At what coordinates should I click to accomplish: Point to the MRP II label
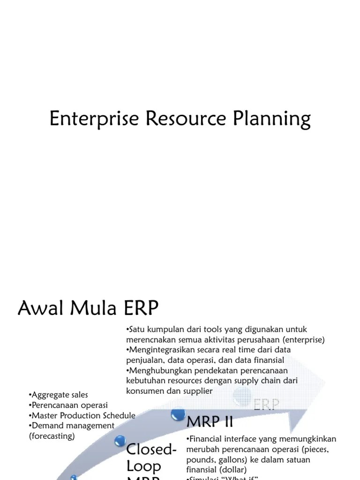tap(210, 422)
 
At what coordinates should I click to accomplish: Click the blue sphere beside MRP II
tap(178, 414)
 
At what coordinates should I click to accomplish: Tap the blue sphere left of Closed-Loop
tap(120, 441)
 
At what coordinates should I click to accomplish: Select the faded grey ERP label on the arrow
tap(266, 405)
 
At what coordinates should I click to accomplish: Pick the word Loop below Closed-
tap(144, 467)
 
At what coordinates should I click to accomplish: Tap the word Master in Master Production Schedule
tap(45, 415)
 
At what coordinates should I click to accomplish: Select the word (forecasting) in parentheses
tap(52, 436)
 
